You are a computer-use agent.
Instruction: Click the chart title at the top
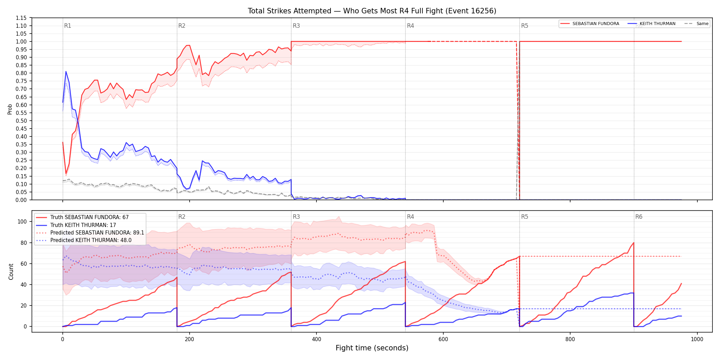tap(372, 11)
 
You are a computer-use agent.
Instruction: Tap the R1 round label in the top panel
tap(68, 26)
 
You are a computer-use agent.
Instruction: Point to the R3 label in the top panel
tap(296, 26)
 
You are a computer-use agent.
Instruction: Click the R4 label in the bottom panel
tap(410, 217)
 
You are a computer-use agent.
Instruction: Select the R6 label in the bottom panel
tap(639, 217)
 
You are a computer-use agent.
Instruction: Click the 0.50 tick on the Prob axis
tap(21, 121)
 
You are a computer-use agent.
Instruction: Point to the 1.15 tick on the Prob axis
tap(21, 18)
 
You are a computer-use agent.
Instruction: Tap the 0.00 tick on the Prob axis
tap(21, 200)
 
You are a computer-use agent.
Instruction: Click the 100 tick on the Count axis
tap(22, 221)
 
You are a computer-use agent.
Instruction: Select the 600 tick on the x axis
tap(443, 339)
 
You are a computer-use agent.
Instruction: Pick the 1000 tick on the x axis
tap(697, 339)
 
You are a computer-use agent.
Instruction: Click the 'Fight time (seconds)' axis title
tap(372, 348)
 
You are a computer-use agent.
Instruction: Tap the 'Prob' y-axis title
tap(10, 109)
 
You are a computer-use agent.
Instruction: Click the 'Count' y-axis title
tap(11, 272)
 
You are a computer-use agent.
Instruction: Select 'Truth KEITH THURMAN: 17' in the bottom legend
tap(83, 225)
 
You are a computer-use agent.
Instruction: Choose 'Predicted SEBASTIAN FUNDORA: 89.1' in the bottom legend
tap(97, 233)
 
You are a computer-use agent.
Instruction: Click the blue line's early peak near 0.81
tap(66, 71)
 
